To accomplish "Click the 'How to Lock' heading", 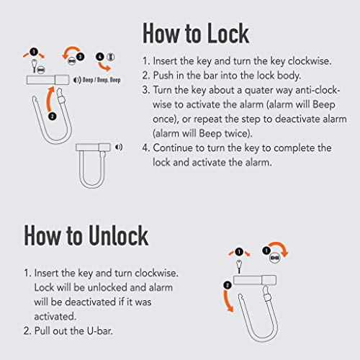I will click(195, 33).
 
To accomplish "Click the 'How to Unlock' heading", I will click(86, 235).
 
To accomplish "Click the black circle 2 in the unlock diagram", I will click(228, 285).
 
